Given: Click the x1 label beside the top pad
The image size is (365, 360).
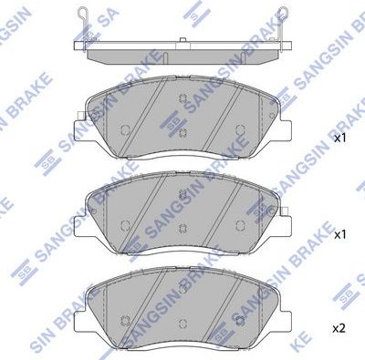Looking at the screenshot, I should coord(339,139).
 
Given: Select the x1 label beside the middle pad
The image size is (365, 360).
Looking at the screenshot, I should coord(339,233).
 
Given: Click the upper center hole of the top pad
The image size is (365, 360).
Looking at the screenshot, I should coord(183,100).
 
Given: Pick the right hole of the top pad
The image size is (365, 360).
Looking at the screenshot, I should coord(240,130).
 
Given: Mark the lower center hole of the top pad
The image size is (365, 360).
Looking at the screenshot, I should coord(183,134).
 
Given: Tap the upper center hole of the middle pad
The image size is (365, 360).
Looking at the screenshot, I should coord(183,194).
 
